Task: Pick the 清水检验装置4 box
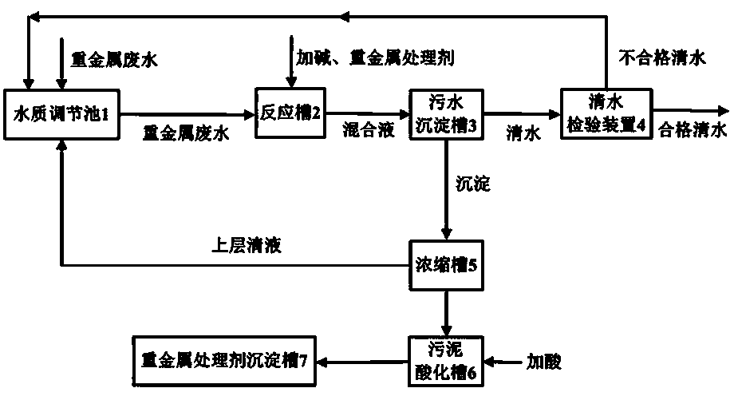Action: (606, 113)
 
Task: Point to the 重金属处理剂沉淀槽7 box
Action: (223, 361)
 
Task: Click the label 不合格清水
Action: (662, 58)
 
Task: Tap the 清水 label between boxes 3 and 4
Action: (523, 133)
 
